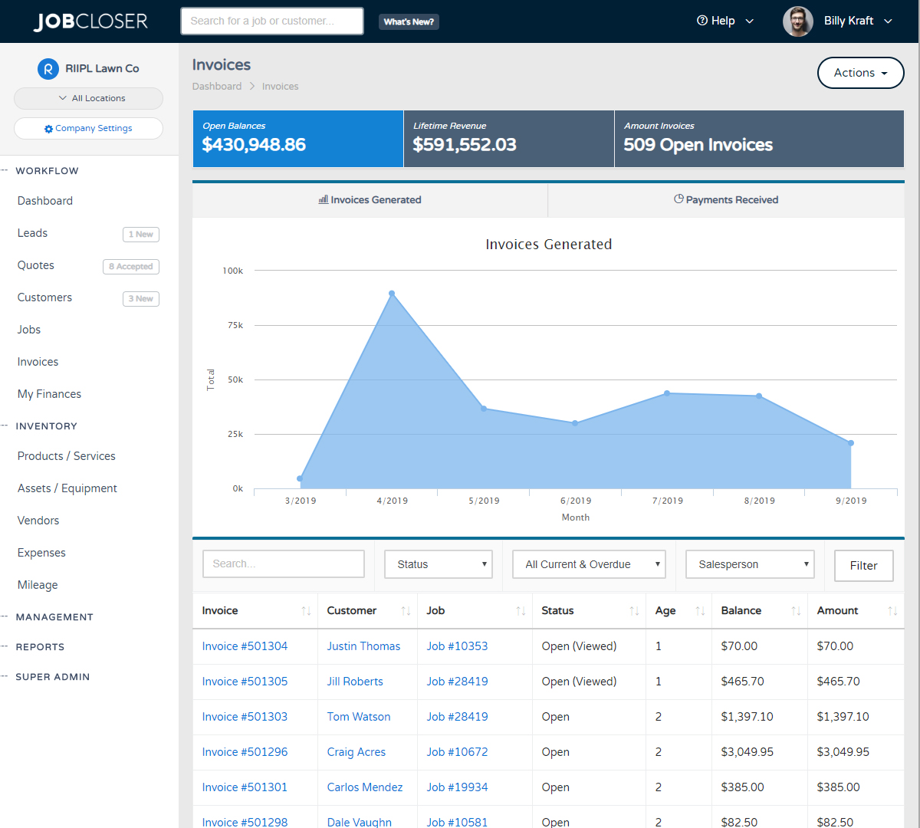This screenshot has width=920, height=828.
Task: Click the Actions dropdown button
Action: pos(860,73)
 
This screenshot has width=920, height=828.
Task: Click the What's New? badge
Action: pos(409,21)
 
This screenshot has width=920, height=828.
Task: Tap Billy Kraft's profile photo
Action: pos(797,21)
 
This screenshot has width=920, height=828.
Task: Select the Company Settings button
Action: pos(88,128)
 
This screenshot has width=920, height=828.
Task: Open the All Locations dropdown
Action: pos(88,98)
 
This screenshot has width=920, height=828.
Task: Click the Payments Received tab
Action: pos(725,199)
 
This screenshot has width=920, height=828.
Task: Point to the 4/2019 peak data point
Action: pos(392,294)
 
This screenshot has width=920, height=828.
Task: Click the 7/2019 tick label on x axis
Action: pos(667,501)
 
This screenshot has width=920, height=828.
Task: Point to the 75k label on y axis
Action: pos(235,325)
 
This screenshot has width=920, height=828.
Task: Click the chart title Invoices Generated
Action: pos(548,245)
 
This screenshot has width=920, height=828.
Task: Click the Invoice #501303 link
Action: pos(245,717)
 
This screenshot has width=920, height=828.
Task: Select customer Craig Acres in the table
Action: pos(356,752)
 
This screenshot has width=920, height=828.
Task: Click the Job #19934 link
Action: pos(457,787)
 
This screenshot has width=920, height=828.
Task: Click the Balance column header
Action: pos(741,610)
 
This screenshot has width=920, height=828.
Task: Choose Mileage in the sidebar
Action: pos(38,585)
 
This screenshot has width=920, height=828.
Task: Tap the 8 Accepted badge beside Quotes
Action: pos(131,266)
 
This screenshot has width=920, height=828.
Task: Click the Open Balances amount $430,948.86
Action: pos(254,144)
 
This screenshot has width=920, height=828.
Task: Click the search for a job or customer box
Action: pos(271,21)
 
